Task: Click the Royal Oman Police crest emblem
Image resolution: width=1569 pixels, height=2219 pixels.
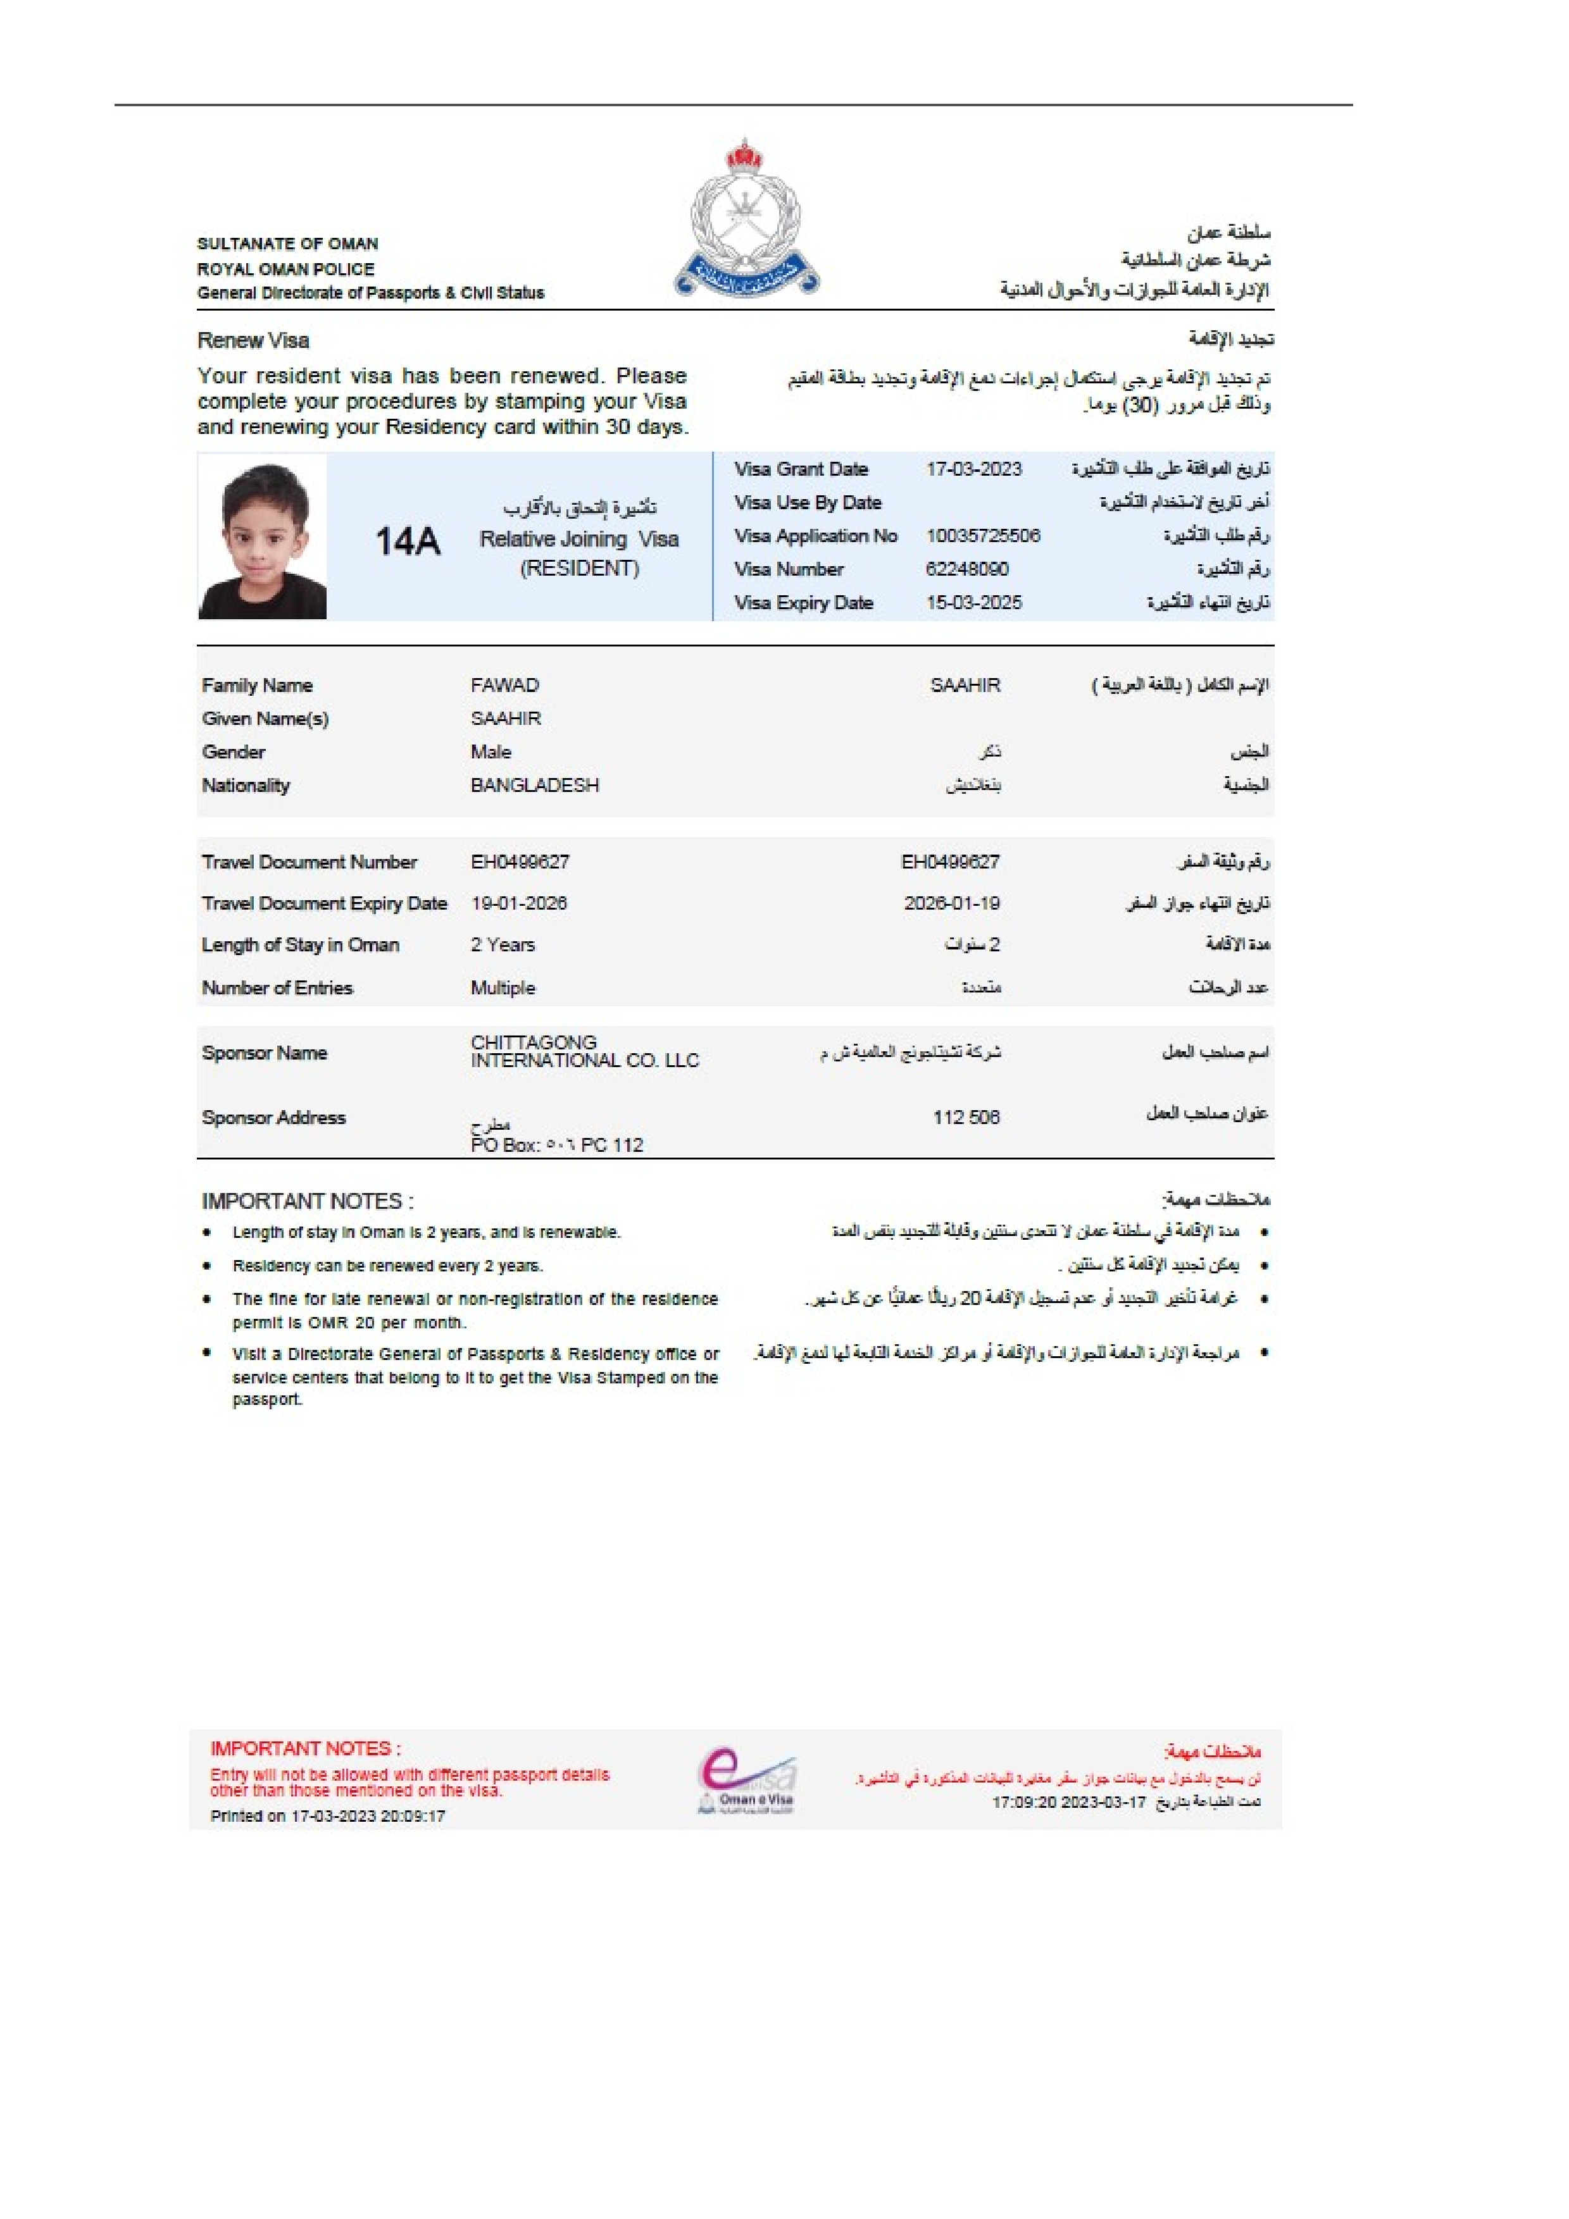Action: [x=746, y=218]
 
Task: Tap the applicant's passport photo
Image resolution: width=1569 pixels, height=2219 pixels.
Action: [x=262, y=537]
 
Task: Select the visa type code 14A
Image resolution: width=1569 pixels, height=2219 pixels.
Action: [x=407, y=541]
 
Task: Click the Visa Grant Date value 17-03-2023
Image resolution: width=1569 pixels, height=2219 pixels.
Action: [x=973, y=469]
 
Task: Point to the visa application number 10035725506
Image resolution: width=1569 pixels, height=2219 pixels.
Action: [x=982, y=535]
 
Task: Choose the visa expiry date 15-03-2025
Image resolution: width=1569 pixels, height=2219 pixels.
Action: [x=973, y=602]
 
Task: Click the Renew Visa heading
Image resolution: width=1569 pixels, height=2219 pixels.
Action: [x=253, y=340]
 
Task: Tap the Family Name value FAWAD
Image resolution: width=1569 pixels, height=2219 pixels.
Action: [x=504, y=685]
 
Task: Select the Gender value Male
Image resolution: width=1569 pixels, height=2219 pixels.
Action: [x=491, y=752]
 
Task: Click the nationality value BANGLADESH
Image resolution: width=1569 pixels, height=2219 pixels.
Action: [x=535, y=785]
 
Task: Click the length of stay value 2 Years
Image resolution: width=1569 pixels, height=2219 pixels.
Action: [x=503, y=944]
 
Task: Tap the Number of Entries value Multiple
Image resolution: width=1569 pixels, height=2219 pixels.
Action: [x=503, y=987]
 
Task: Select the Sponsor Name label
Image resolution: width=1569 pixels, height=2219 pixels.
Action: [x=264, y=1053]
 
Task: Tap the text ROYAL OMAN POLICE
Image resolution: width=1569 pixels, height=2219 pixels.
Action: [x=285, y=269]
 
